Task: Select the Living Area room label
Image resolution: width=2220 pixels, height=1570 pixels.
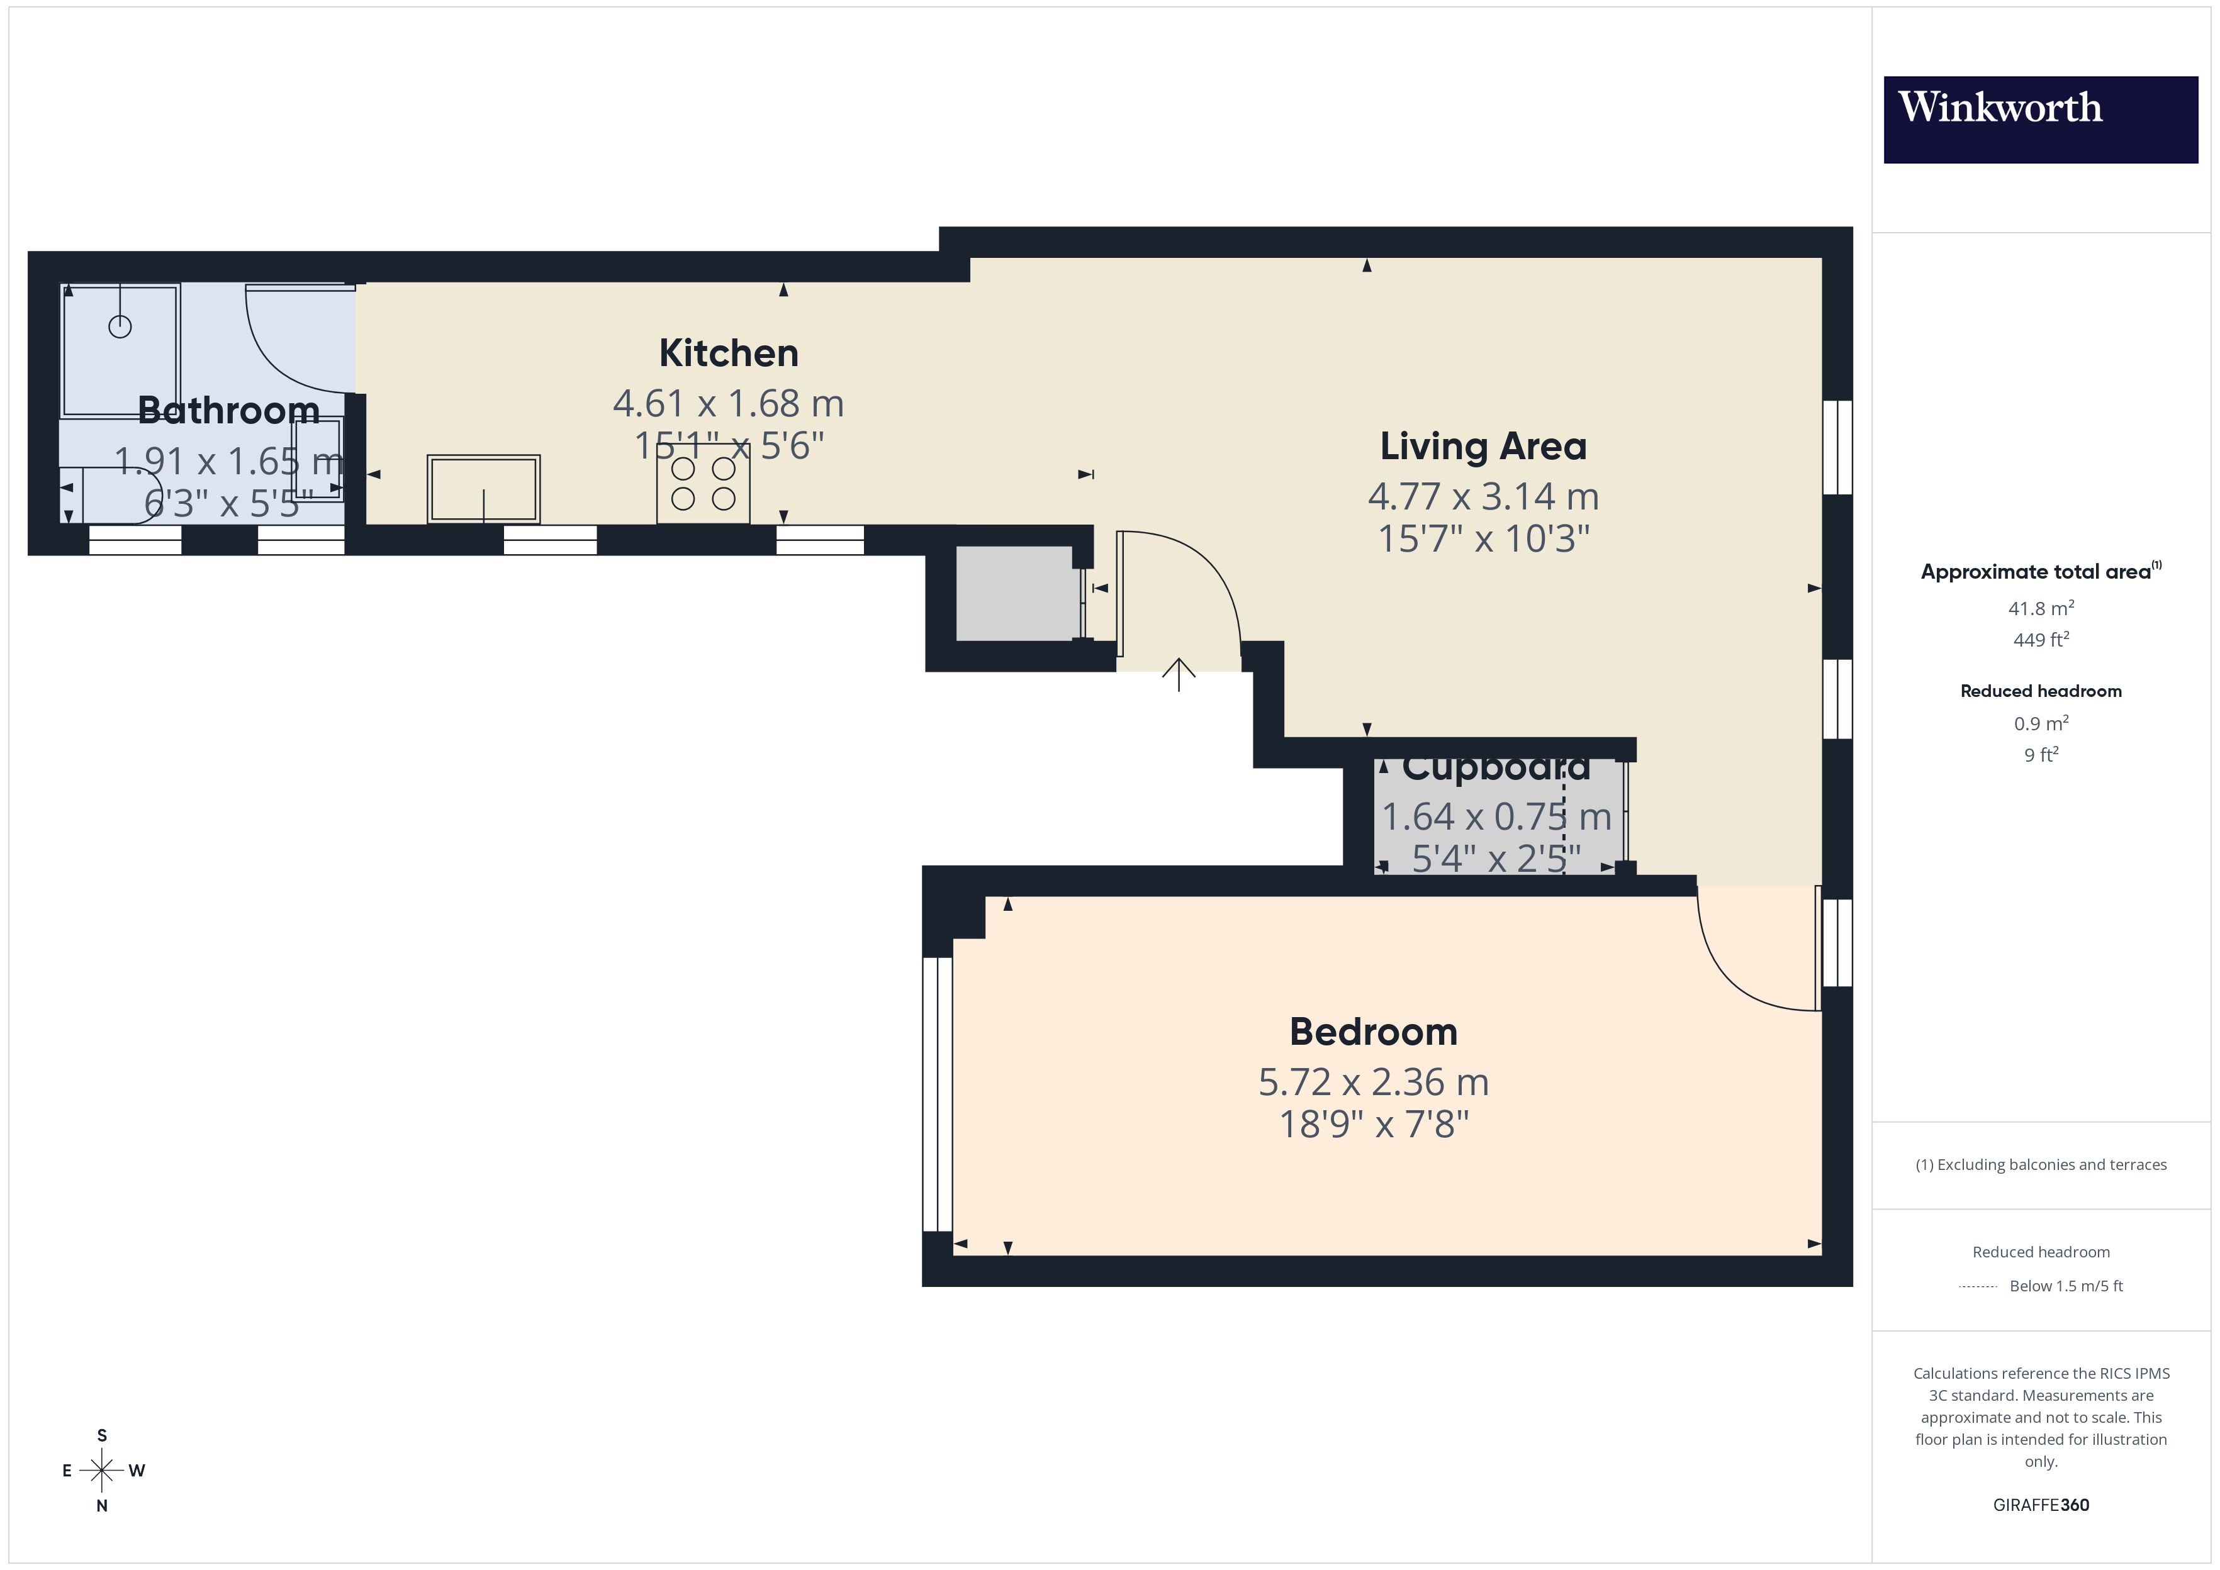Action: pos(1483,447)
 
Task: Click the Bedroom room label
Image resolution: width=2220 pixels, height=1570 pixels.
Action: pos(1373,1032)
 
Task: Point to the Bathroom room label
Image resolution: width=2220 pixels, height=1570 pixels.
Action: pos(228,411)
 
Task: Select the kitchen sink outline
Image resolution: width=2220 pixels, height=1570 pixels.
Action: pos(483,489)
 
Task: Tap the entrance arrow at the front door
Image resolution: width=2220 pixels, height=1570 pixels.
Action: pos(1179,674)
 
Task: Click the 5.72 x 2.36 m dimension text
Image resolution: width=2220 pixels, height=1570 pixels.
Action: pos(1373,1083)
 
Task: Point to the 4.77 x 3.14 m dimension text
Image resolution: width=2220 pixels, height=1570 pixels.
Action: pos(1483,497)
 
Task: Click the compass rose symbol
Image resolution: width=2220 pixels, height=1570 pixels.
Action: pos(101,1471)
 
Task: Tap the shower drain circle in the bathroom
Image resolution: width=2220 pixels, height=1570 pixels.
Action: pos(120,326)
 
